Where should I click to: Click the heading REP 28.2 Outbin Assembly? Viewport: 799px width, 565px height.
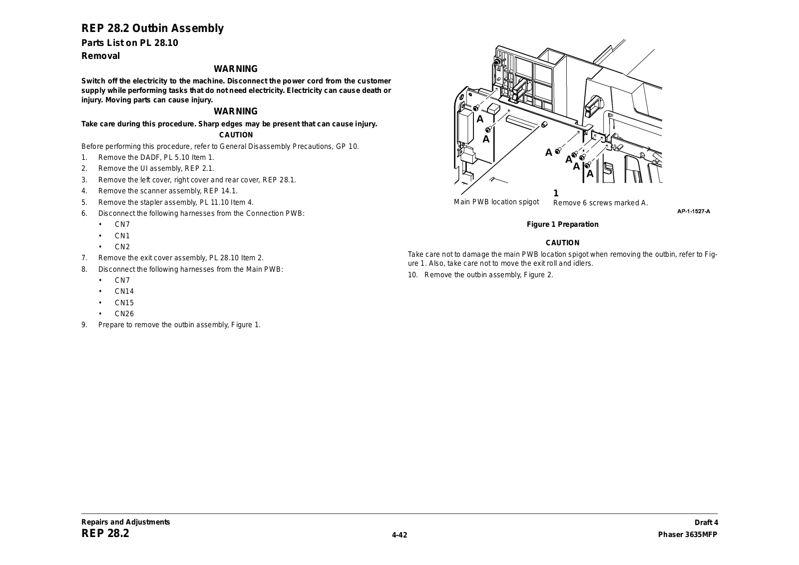pos(152,28)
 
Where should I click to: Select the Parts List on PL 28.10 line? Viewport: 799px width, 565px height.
pos(130,43)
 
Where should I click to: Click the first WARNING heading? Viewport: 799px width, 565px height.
pos(236,69)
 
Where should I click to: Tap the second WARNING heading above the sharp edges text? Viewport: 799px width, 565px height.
pos(236,111)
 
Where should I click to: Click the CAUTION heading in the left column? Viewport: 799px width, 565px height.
pos(236,135)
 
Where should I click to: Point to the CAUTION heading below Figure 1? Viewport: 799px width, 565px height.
pos(562,243)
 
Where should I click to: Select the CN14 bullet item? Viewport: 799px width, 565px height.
pos(124,291)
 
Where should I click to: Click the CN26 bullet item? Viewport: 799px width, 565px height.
pos(124,314)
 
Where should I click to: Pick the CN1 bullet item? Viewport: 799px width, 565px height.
pos(122,236)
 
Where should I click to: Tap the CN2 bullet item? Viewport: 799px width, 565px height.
pos(122,247)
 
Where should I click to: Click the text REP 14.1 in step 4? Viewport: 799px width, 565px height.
pos(220,191)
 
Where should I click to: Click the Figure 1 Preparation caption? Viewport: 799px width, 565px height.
pos(562,224)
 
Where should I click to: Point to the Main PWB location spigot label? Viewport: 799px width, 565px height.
pos(496,202)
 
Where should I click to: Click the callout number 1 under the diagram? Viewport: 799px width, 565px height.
pos(556,193)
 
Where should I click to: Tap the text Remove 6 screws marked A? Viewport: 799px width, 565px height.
pos(600,203)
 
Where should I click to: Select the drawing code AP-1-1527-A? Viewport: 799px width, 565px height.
pos(693,211)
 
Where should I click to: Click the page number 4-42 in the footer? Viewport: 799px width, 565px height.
pos(399,536)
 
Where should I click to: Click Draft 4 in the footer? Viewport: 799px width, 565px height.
pos(706,523)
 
